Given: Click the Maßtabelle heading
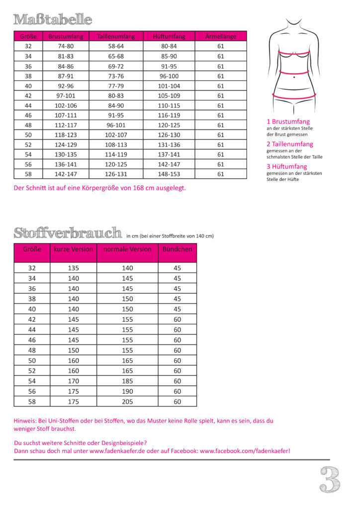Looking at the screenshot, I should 53,20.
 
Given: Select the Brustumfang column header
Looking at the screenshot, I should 66,36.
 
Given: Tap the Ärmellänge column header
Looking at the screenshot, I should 220,36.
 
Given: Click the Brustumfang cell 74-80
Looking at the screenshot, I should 66,46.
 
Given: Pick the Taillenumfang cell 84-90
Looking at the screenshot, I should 116,105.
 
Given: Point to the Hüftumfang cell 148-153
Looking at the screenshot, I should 169,174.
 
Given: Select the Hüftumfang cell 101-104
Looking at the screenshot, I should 169,85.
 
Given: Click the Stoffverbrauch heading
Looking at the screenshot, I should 68,233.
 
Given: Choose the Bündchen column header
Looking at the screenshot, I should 177,249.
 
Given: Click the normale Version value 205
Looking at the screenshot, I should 127,402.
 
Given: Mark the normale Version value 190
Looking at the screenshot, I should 127,391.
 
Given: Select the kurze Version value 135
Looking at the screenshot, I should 73,268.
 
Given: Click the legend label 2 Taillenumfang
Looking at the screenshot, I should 290,144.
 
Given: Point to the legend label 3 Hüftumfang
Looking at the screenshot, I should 287,167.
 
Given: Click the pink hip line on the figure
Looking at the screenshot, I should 294,96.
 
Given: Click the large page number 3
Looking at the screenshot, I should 329,479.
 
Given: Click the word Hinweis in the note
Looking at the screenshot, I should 24,421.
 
